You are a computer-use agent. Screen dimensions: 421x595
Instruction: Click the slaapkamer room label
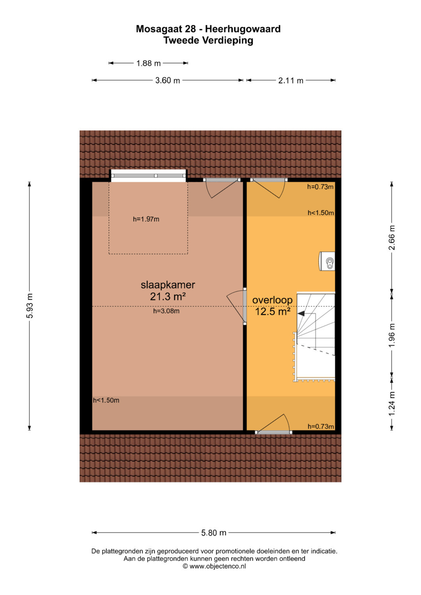(168, 285)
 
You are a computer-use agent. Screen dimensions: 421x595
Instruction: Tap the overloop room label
(272, 300)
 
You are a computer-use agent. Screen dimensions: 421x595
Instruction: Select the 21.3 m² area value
(168, 297)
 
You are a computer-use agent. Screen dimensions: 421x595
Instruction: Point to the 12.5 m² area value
(272, 311)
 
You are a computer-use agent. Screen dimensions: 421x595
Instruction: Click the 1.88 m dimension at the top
(148, 63)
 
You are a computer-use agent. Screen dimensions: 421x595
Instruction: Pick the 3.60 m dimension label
(168, 80)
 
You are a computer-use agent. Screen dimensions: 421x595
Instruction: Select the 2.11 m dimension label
(291, 80)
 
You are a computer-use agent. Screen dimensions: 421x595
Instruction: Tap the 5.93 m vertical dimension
(30, 306)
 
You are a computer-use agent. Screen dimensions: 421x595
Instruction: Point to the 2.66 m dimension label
(391, 238)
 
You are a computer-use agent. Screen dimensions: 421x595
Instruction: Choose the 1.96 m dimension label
(391, 335)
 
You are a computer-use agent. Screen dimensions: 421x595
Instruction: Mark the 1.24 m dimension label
(391, 404)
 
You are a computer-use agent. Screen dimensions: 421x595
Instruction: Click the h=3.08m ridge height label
(166, 311)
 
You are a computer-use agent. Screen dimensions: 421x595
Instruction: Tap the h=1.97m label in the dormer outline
(146, 219)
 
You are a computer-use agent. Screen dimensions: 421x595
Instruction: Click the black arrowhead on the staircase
(301, 314)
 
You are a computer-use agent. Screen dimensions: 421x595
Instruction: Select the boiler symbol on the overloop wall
(327, 261)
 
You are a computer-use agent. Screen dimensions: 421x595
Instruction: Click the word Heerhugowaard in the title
(242, 29)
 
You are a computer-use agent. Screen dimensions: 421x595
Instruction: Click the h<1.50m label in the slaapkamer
(106, 400)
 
